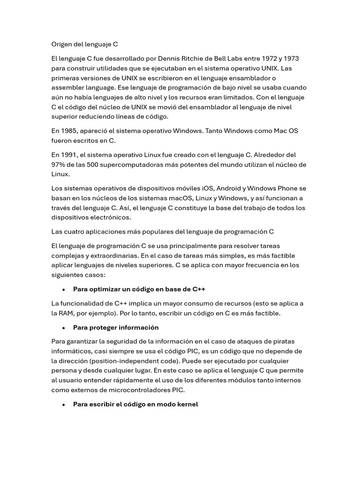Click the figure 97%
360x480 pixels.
(x=59, y=165)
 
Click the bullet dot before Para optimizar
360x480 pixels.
(x=63, y=290)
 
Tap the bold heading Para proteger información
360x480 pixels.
(x=116, y=328)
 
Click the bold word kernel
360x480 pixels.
(x=187, y=404)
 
